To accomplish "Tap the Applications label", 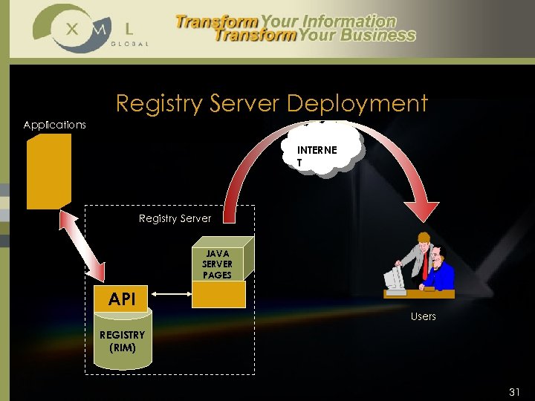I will tap(54, 125).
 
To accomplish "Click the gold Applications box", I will tap(48, 171).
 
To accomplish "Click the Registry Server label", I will tap(175, 218).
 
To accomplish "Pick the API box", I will tap(122, 299).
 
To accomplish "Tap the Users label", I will tap(424, 316).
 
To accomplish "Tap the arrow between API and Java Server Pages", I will tap(170, 299).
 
